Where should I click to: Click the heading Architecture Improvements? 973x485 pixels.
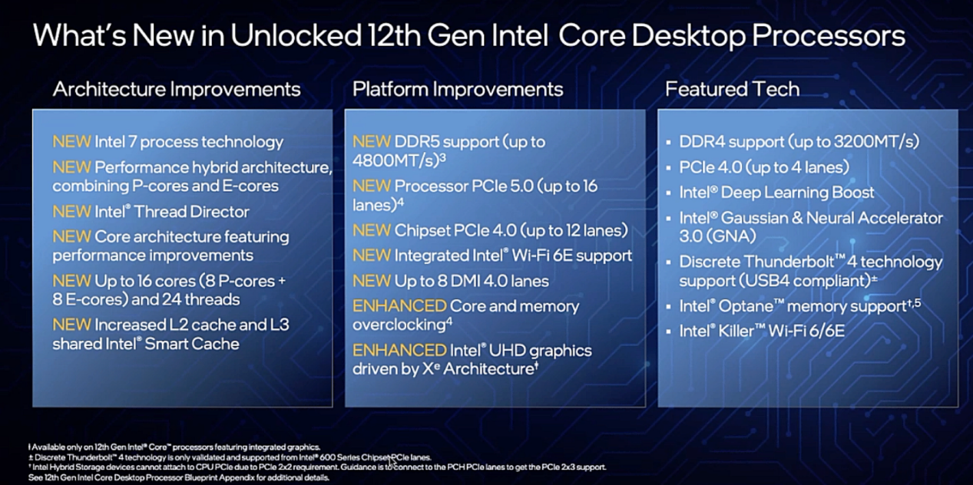177,90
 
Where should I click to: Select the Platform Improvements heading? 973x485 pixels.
458,90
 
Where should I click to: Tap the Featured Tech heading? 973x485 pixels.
733,90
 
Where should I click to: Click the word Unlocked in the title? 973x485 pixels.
296,35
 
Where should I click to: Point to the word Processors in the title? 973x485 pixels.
829,35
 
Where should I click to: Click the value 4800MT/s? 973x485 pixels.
393,161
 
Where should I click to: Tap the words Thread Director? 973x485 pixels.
191,212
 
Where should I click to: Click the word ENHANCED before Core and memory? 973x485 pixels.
399,306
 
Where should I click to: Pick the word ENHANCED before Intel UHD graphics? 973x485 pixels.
399,351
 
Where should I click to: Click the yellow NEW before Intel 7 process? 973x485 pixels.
71,142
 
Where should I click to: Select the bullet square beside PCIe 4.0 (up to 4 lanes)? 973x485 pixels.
669,167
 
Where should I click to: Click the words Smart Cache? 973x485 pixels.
191,344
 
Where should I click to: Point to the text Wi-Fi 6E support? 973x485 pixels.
571,256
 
